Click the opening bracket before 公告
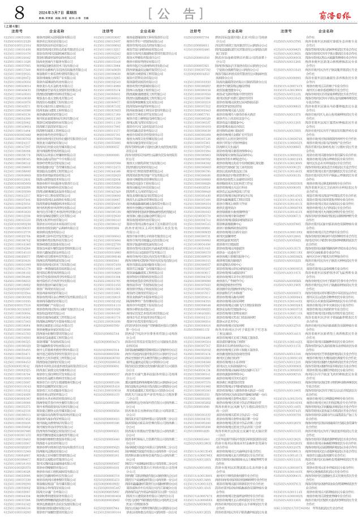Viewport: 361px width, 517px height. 149,12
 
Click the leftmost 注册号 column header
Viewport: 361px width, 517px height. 17,31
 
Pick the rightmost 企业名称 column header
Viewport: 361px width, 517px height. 326,31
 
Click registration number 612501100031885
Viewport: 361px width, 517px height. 18,36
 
